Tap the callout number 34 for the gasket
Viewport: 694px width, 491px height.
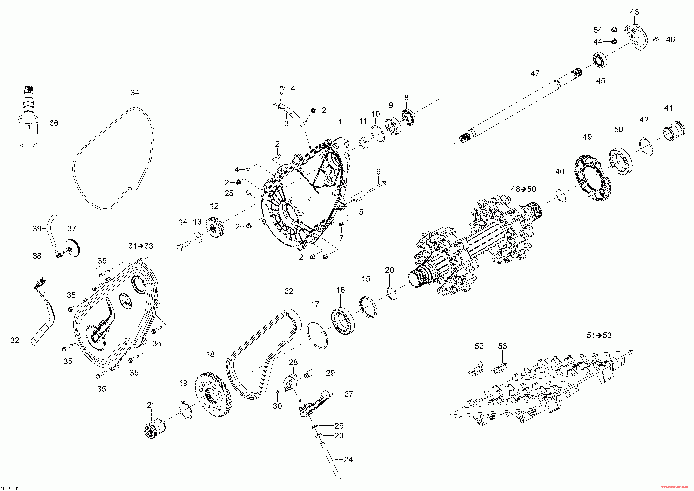click(135, 93)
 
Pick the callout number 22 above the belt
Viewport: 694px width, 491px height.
click(289, 291)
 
